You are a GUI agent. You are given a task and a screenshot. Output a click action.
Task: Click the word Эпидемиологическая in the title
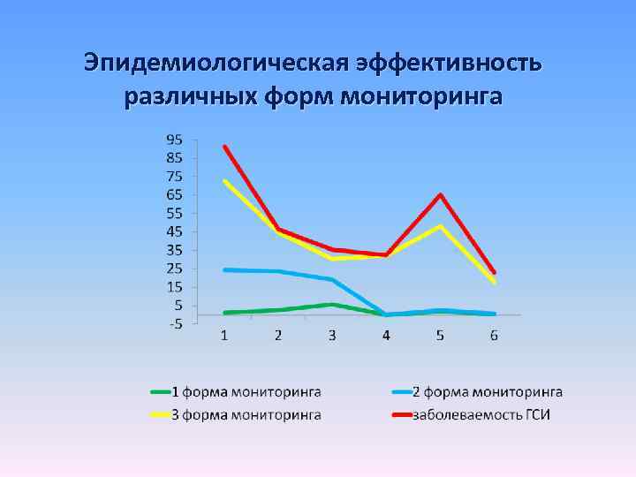(216, 64)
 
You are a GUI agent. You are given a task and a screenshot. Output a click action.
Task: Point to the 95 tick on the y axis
(174, 140)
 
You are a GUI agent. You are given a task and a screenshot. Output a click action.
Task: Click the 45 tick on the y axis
(174, 231)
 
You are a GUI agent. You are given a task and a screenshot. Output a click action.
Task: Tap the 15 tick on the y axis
(174, 287)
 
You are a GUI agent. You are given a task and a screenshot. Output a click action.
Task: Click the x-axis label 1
(224, 335)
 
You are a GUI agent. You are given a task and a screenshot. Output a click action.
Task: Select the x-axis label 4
(386, 335)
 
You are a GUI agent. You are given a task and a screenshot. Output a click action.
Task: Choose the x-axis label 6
(494, 335)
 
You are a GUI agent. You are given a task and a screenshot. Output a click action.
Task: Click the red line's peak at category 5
(440, 194)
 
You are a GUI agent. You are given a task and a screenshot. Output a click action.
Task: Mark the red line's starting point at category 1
(224, 147)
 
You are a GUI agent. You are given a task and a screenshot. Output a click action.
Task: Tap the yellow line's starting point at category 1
(224, 181)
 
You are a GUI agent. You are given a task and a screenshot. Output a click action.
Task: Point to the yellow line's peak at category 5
(440, 225)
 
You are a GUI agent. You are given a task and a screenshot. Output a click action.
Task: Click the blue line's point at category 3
(332, 279)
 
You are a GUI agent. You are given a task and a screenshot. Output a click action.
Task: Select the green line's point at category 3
(332, 304)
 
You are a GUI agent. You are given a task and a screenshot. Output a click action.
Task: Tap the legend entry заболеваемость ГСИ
(481, 414)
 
